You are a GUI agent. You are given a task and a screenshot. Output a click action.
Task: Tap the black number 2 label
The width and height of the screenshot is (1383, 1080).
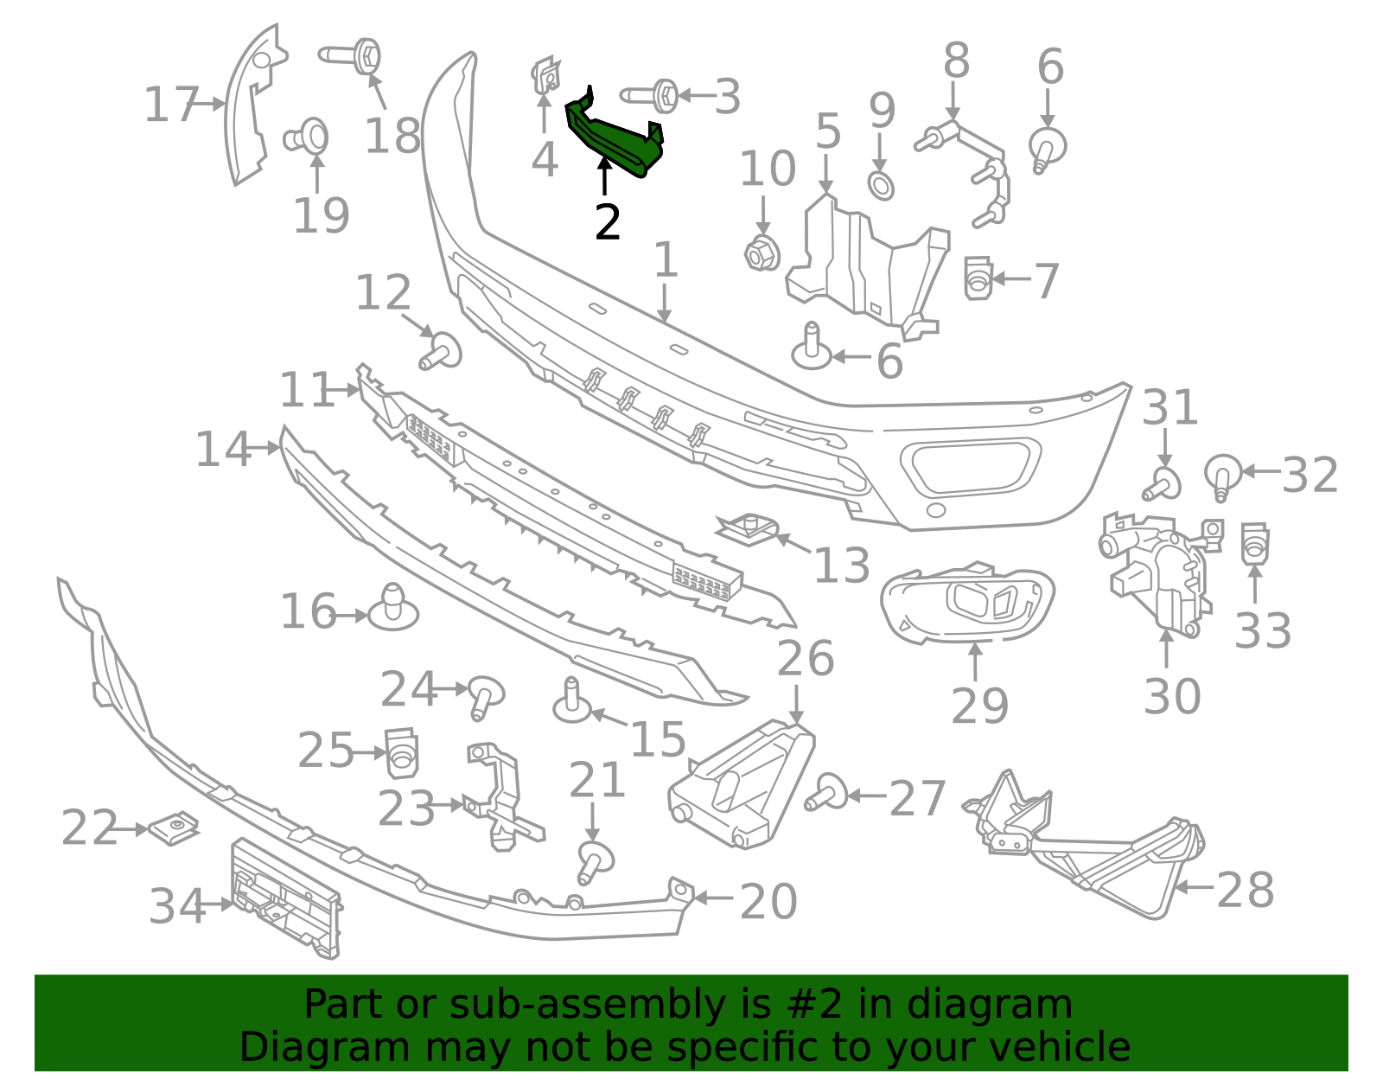[x=608, y=223]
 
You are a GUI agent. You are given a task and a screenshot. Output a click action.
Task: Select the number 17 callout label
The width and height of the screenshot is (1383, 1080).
[x=171, y=105]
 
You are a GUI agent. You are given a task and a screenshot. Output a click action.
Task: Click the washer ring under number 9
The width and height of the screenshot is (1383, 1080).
[x=881, y=185]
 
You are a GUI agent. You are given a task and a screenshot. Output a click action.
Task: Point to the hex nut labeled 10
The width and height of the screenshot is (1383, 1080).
[x=762, y=252]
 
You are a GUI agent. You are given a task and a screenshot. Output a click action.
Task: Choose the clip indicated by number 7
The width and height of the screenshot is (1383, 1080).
[x=978, y=278]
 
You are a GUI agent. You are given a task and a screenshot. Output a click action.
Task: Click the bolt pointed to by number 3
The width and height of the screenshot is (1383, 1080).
[x=653, y=95]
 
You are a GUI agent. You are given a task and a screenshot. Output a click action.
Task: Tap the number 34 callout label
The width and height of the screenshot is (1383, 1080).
[x=177, y=906]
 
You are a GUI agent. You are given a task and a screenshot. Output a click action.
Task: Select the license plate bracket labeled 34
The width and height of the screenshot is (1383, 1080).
[x=285, y=899]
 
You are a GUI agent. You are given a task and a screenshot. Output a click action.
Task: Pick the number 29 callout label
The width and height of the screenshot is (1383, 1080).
[x=979, y=706]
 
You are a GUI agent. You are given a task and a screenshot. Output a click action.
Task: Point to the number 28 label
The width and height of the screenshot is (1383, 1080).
[x=1245, y=890]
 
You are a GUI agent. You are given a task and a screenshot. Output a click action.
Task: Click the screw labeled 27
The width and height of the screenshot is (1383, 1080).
[x=826, y=792]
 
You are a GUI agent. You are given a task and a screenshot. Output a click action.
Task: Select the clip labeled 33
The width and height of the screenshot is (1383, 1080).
[x=1254, y=543]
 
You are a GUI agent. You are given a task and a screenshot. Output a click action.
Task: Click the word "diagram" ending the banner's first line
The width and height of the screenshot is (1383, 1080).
[x=1008, y=1005]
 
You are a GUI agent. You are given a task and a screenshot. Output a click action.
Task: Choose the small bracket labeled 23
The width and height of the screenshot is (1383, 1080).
[x=501, y=796]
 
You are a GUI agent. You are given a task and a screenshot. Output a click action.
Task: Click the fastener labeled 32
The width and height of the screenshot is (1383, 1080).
[x=1222, y=475]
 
